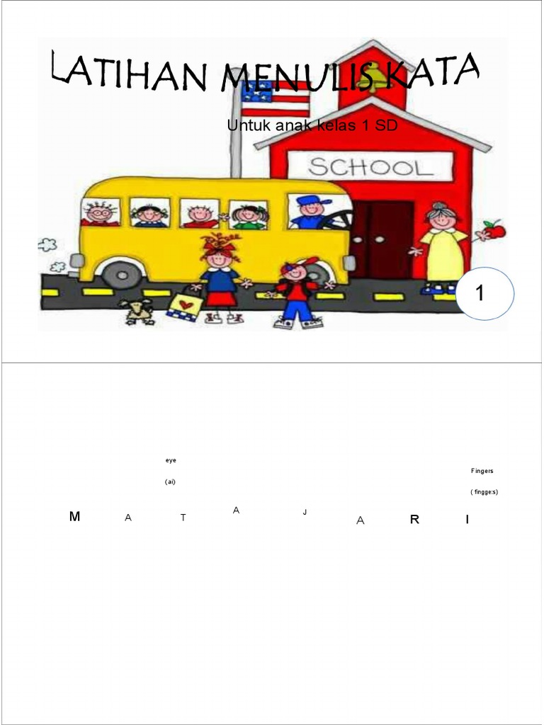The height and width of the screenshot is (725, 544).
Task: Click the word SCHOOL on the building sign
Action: click(x=370, y=168)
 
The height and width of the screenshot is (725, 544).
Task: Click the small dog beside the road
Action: click(x=138, y=311)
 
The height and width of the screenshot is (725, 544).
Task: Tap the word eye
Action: click(x=171, y=460)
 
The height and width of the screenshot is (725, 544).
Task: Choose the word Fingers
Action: click(x=482, y=471)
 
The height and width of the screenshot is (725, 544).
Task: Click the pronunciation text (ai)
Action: click(x=170, y=482)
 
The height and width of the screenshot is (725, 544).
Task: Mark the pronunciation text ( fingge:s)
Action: click(x=484, y=492)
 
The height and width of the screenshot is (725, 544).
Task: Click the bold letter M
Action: click(x=75, y=517)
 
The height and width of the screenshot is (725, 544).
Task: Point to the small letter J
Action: click(x=305, y=511)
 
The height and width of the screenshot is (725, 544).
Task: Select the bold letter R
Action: click(x=415, y=520)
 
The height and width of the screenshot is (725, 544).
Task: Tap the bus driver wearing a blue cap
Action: click(x=311, y=212)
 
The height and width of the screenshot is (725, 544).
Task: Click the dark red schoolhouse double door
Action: click(x=382, y=238)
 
